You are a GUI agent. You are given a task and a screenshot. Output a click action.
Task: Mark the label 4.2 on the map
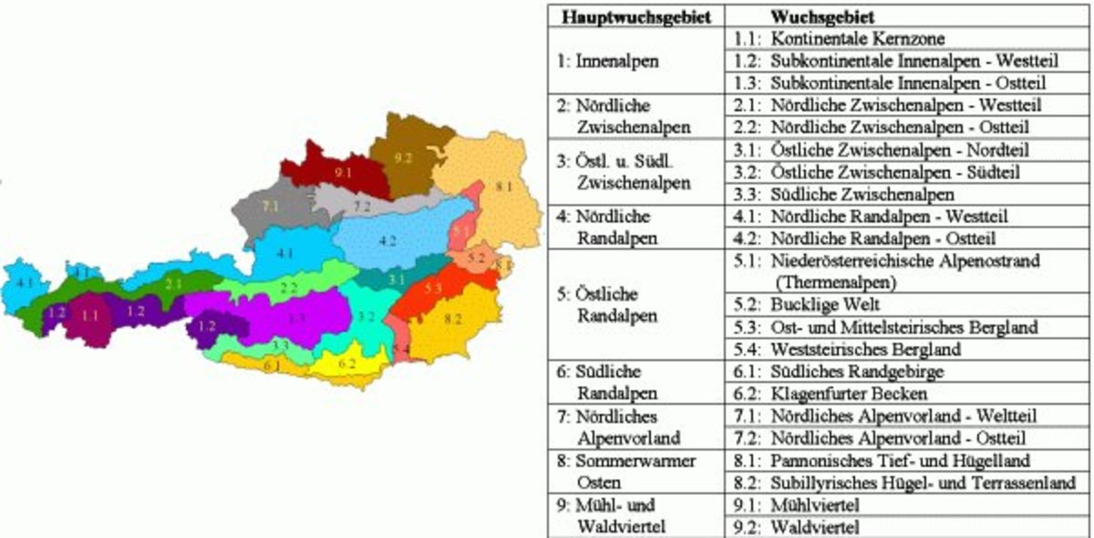click(387, 241)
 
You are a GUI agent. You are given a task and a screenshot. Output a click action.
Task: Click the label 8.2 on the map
click(452, 320)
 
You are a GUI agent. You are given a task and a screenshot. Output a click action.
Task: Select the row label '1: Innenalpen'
click(608, 61)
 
